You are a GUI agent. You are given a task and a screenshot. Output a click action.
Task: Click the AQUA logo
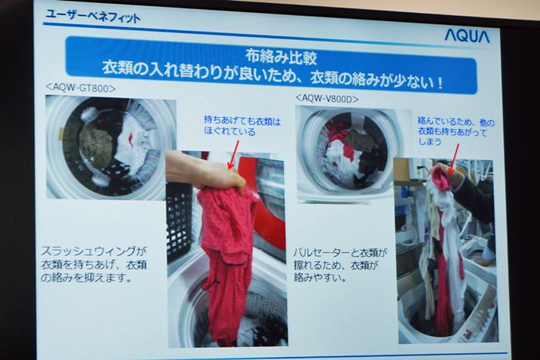(x=467, y=35)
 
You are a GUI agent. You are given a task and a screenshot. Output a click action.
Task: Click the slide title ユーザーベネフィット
(x=93, y=16)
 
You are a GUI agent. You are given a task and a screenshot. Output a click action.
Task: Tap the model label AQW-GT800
(x=81, y=88)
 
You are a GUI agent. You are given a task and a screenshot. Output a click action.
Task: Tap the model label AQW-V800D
(x=327, y=98)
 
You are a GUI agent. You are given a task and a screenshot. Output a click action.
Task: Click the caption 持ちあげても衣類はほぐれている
(x=242, y=126)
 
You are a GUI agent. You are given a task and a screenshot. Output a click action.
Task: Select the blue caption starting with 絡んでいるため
(x=455, y=131)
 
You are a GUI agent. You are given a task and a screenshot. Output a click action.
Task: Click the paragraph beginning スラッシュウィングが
(x=94, y=264)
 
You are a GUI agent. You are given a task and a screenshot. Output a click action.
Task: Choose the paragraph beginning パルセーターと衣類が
(x=340, y=265)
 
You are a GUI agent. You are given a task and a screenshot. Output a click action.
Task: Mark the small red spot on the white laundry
(x=130, y=138)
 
